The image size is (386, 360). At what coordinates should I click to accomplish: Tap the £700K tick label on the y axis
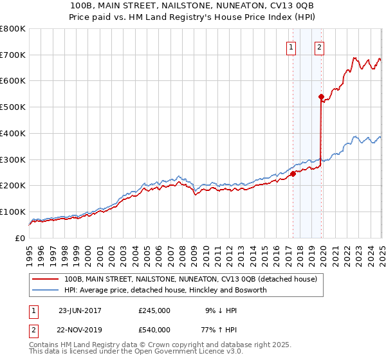click(x=12, y=55)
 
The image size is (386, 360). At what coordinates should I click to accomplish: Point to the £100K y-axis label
click(x=12, y=212)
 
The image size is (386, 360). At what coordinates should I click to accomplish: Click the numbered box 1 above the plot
click(x=291, y=46)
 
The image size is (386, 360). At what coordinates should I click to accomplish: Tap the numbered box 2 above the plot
click(x=320, y=46)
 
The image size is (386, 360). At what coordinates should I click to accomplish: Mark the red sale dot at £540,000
click(x=321, y=97)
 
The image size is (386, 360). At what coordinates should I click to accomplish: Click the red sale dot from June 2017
click(x=293, y=174)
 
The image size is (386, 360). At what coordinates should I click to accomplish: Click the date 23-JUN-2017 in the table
click(x=80, y=310)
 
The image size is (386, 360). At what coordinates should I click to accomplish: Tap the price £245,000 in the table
click(x=154, y=310)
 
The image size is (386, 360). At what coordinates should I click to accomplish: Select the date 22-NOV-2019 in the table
click(x=80, y=330)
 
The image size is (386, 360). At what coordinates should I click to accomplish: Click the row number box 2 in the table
click(x=34, y=330)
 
